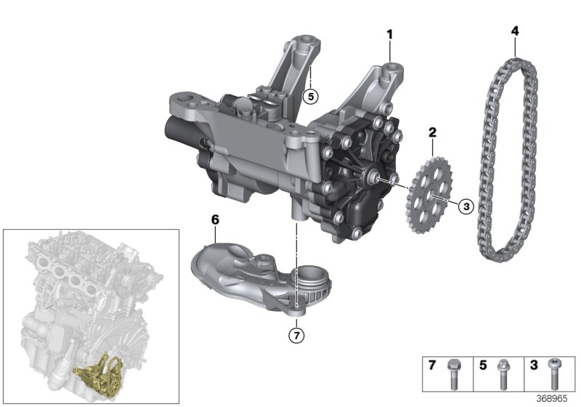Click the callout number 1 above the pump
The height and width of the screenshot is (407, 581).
390,34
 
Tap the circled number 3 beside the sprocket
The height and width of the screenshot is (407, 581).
465,206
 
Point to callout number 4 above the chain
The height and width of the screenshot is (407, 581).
515,31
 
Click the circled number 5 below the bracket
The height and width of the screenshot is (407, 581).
311,95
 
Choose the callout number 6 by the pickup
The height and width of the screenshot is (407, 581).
215,218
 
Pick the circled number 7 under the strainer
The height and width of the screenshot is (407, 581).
295,335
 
